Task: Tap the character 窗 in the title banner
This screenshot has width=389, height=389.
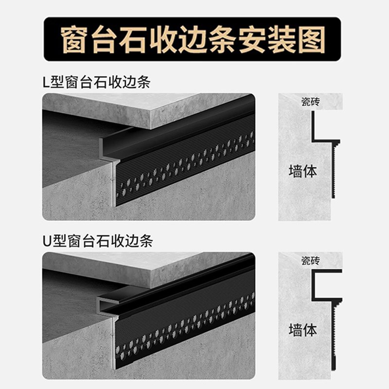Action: (73, 39)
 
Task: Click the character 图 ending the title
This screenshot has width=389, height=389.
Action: (311, 39)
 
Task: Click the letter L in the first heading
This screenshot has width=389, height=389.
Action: (46, 82)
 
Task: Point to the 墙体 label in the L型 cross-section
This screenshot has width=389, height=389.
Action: (302, 171)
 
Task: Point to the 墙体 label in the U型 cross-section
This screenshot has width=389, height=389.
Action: (302, 330)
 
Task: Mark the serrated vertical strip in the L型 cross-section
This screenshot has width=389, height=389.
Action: (334, 170)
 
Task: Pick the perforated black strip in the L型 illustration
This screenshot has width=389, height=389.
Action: (185, 165)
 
